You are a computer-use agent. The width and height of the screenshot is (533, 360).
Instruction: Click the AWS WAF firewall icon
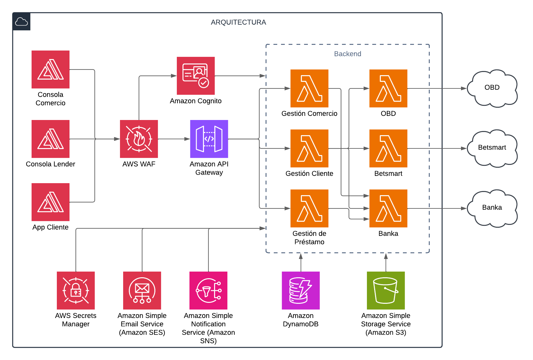[x=139, y=139]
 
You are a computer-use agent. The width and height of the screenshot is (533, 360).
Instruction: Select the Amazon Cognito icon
[x=196, y=76]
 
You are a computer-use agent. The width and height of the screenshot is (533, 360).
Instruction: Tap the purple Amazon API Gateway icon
[x=209, y=139]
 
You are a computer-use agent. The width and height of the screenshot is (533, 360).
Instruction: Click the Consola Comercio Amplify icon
[x=51, y=69]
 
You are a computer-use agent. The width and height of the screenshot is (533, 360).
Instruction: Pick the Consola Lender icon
[x=51, y=139]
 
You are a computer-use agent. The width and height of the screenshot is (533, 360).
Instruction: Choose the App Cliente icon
[x=51, y=202]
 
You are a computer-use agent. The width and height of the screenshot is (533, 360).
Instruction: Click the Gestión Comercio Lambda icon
[x=309, y=88]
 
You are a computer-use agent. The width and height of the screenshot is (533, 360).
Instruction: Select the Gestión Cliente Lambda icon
[x=309, y=148]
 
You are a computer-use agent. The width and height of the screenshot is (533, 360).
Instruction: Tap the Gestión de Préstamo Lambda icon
[x=309, y=208]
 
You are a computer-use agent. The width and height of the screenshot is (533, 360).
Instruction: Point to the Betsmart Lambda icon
[x=388, y=148]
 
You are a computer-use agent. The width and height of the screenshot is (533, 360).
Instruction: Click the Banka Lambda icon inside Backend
[x=388, y=208]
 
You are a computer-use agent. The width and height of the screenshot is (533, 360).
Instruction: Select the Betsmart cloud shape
[x=492, y=148]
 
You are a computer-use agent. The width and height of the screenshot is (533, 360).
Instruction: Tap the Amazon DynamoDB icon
[x=301, y=291]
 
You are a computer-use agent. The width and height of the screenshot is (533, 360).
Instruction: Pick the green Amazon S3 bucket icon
[x=386, y=291]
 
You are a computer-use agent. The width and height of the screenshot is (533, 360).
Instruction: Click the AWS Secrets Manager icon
[x=76, y=291]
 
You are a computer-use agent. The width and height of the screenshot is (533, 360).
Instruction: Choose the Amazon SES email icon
[x=142, y=291]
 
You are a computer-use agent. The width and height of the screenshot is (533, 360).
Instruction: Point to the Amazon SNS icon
[x=208, y=291]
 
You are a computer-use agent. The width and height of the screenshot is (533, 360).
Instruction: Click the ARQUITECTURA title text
[x=238, y=22]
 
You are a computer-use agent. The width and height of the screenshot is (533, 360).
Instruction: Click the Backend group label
[x=348, y=54]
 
